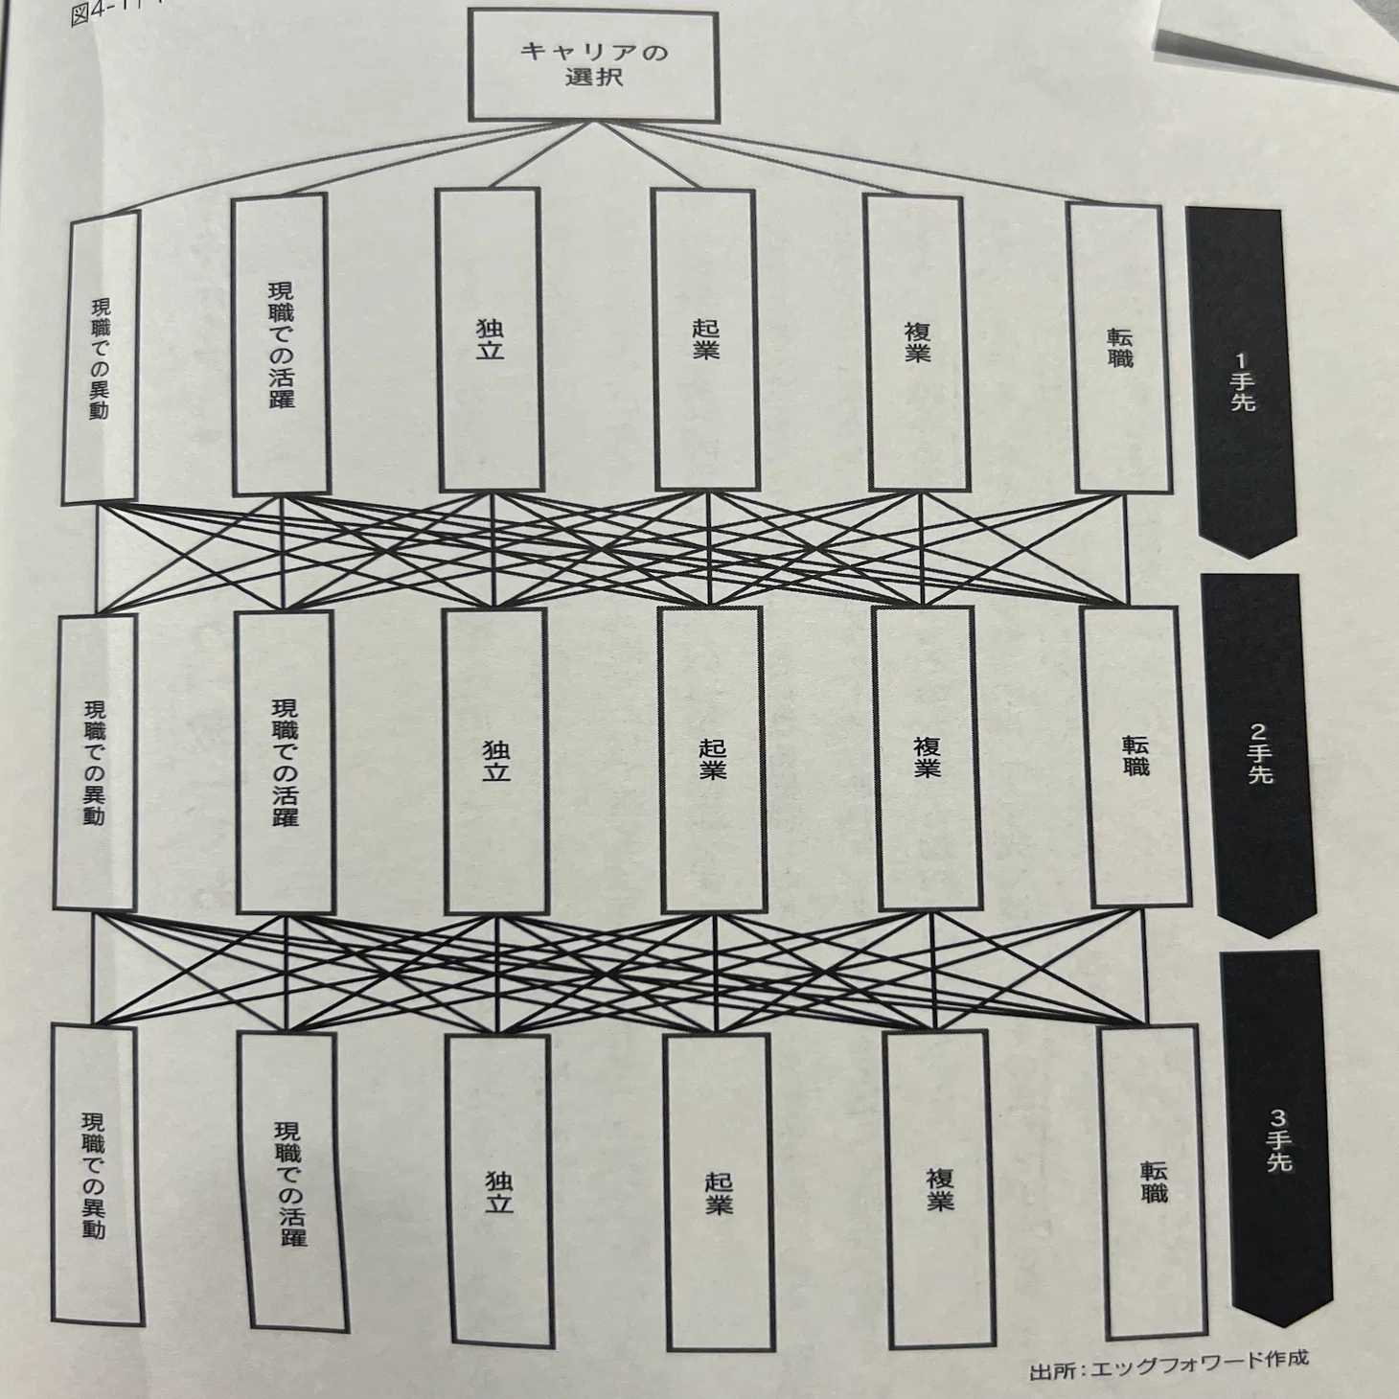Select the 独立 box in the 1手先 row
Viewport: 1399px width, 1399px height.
[490, 340]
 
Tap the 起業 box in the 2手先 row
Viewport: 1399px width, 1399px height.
[712, 760]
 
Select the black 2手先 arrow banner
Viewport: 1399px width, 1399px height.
[1259, 755]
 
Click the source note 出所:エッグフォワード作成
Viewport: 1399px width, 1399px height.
[1168, 1373]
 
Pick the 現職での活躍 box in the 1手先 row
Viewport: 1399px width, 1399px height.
[281, 345]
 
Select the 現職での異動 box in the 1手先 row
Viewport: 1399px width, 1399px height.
[101, 357]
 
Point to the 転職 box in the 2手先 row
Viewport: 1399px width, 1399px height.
[1135, 756]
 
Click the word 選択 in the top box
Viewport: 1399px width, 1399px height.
[594, 78]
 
